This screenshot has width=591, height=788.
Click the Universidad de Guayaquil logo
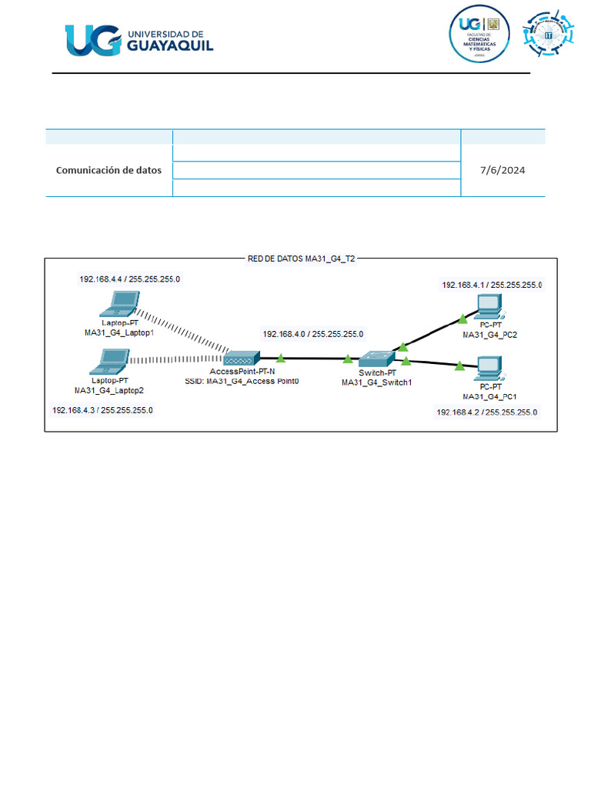pos(139,40)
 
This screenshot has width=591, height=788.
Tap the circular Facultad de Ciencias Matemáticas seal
pos(480,35)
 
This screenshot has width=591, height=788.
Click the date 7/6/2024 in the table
pos(503,170)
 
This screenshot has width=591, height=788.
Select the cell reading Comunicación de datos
pos(109,170)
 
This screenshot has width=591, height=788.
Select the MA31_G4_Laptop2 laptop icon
pos(113,360)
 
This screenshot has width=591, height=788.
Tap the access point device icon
pos(242,359)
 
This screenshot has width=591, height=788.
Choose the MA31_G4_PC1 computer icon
pos(488,369)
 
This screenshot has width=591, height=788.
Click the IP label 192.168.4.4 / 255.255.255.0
pos(130,279)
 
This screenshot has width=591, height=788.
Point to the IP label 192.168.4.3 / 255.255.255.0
pos(102,410)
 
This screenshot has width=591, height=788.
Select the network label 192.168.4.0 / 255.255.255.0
pos(313,335)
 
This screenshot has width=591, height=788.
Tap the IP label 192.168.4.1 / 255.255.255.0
pos(492,285)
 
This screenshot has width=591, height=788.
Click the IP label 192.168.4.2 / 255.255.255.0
pos(486,412)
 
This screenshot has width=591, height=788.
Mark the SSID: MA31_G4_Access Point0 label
pos(242,381)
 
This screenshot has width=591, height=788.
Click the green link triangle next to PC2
pos(462,318)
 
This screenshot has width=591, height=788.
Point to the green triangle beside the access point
pos(281,358)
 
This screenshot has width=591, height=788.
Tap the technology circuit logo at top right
pos(549,35)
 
